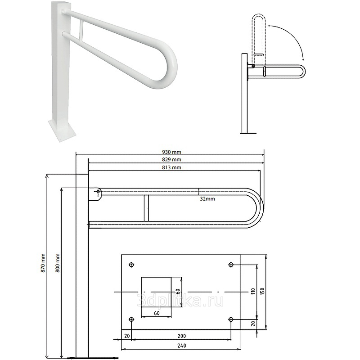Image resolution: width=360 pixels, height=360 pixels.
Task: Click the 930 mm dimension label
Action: click(171, 152)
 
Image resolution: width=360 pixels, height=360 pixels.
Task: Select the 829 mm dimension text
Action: click(171, 160)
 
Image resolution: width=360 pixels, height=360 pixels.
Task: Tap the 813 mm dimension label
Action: click(171, 167)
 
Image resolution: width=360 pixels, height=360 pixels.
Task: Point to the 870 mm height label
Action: click(43, 263)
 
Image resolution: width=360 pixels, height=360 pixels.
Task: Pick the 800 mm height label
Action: click(58, 263)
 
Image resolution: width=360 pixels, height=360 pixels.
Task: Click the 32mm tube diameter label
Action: click(207, 199)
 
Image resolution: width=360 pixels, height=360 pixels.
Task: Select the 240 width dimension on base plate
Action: click(182, 345)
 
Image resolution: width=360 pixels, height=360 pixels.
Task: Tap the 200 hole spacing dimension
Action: click(182, 336)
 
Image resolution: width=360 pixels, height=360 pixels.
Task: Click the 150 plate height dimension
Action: click(263, 291)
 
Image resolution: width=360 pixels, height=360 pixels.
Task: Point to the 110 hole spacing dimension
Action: click(253, 292)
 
